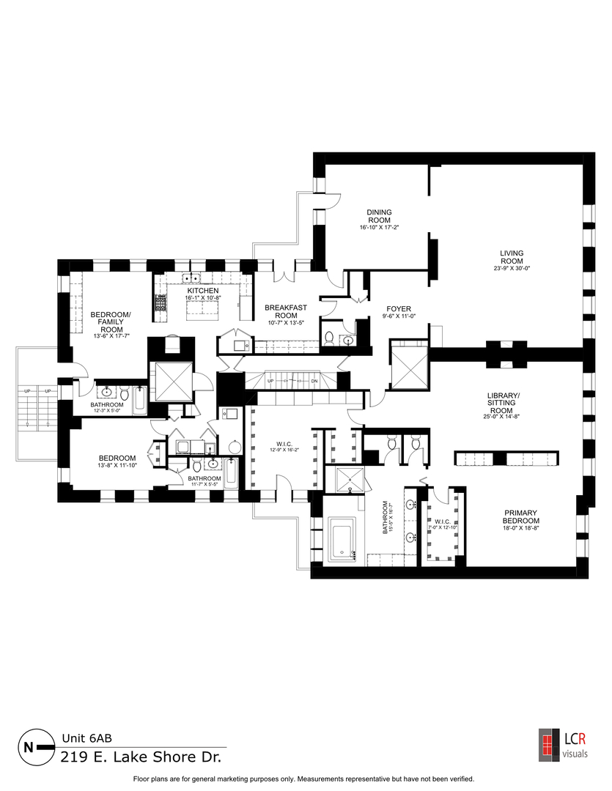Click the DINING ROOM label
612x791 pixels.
click(x=379, y=216)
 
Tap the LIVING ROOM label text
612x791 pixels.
click(x=512, y=257)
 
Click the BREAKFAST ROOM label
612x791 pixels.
click(x=285, y=311)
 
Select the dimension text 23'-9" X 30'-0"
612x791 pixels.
click(x=512, y=268)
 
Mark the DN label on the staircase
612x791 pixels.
click(x=315, y=382)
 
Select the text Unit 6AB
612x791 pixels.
click(x=86, y=738)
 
